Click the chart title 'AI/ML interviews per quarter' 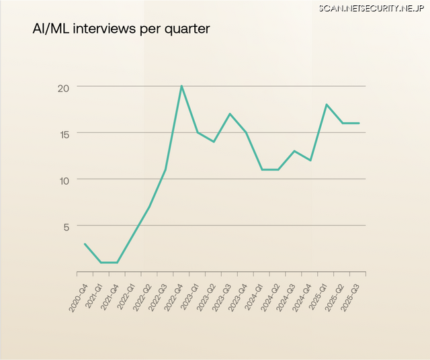point(121,30)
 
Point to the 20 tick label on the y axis point(64,87)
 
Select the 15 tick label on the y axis point(64,133)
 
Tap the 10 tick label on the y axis point(64,179)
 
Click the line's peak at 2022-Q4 point(181,86)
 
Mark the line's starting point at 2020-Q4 point(85,244)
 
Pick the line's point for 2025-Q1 point(327,105)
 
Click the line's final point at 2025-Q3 point(359,123)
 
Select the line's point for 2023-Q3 point(230,114)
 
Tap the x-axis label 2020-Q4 point(79,296)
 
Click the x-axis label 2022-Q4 point(175,296)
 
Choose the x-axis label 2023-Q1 point(191,296)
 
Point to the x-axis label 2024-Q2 point(272,296)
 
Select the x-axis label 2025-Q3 point(353,296)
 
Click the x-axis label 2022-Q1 point(127,296)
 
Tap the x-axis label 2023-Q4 point(240,296)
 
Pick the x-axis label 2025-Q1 point(320,296)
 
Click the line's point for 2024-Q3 point(294,151)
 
